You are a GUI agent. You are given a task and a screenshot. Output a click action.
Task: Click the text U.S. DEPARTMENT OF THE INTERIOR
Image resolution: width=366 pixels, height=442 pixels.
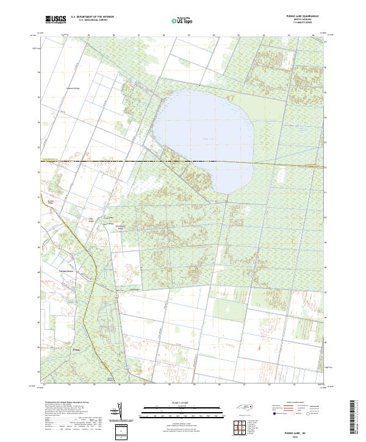[92, 17]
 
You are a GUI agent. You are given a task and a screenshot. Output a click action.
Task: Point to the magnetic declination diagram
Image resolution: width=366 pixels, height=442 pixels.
[119, 412]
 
